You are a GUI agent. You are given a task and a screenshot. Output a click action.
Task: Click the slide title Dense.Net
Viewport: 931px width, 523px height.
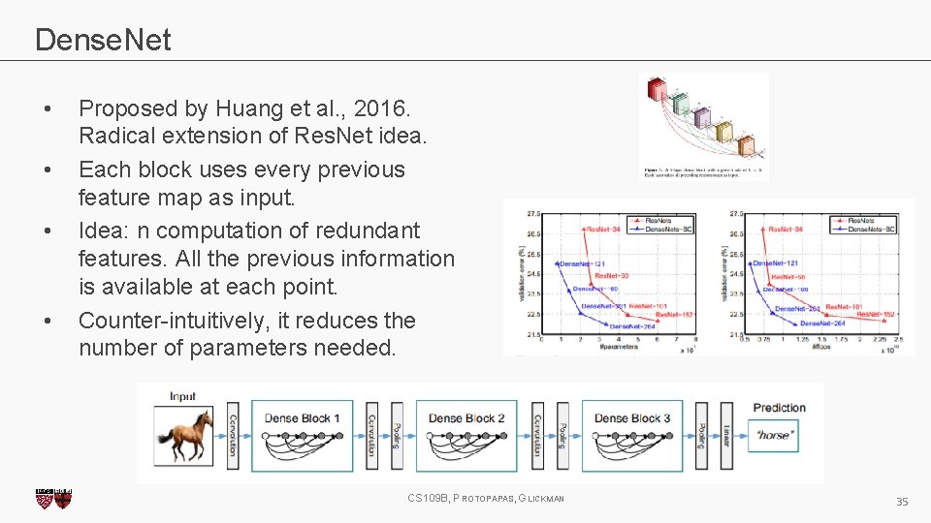103,40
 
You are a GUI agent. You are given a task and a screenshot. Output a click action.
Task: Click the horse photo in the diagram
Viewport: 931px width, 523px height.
184,435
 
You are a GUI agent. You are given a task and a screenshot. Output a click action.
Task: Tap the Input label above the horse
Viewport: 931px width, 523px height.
182,396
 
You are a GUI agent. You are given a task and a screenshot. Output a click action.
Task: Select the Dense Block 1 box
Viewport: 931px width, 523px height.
303,433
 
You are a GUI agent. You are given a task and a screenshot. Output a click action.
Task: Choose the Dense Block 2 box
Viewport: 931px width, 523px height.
466,433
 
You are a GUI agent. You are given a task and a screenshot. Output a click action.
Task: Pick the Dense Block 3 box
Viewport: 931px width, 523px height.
632,433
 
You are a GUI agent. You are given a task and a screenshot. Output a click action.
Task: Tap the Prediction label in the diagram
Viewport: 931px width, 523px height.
779,408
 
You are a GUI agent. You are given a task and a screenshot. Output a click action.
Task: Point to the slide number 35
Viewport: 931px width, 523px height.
901,501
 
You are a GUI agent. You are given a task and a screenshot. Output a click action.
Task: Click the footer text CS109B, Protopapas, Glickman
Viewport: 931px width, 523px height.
485,499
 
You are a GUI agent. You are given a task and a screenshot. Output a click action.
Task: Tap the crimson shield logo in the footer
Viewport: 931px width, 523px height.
53,499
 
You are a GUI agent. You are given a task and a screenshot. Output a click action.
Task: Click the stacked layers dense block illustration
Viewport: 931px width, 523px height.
703,121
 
